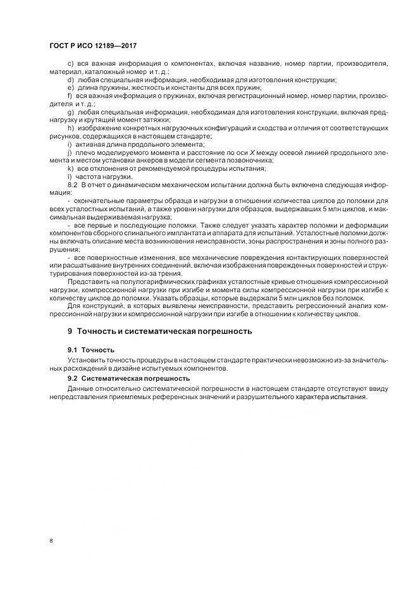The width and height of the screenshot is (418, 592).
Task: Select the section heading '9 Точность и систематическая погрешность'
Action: coord(160,331)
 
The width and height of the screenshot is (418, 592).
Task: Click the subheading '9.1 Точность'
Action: coord(92,349)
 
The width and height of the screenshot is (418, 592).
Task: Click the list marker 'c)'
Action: coord(70,65)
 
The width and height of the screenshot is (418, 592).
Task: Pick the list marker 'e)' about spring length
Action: coord(70,88)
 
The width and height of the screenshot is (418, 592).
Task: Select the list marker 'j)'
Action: coord(69,152)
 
